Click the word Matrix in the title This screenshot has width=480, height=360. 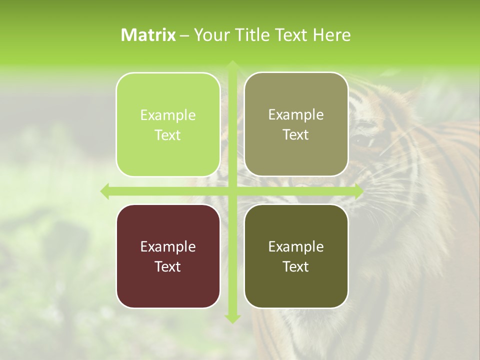coord(148,35)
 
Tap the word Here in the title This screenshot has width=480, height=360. coord(332,35)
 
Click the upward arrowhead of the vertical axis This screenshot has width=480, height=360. coord(232,64)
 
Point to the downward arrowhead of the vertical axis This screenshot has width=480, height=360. coord(232,318)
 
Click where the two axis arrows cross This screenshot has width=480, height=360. coord(232,191)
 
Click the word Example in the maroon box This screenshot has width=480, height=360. coord(168,246)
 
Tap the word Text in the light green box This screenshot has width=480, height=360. coord(168,135)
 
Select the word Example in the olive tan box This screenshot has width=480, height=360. coord(296,114)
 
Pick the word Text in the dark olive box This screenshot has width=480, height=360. coord(296,266)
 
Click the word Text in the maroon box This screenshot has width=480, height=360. coord(168,266)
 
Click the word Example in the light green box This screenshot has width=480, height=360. coord(168,115)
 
